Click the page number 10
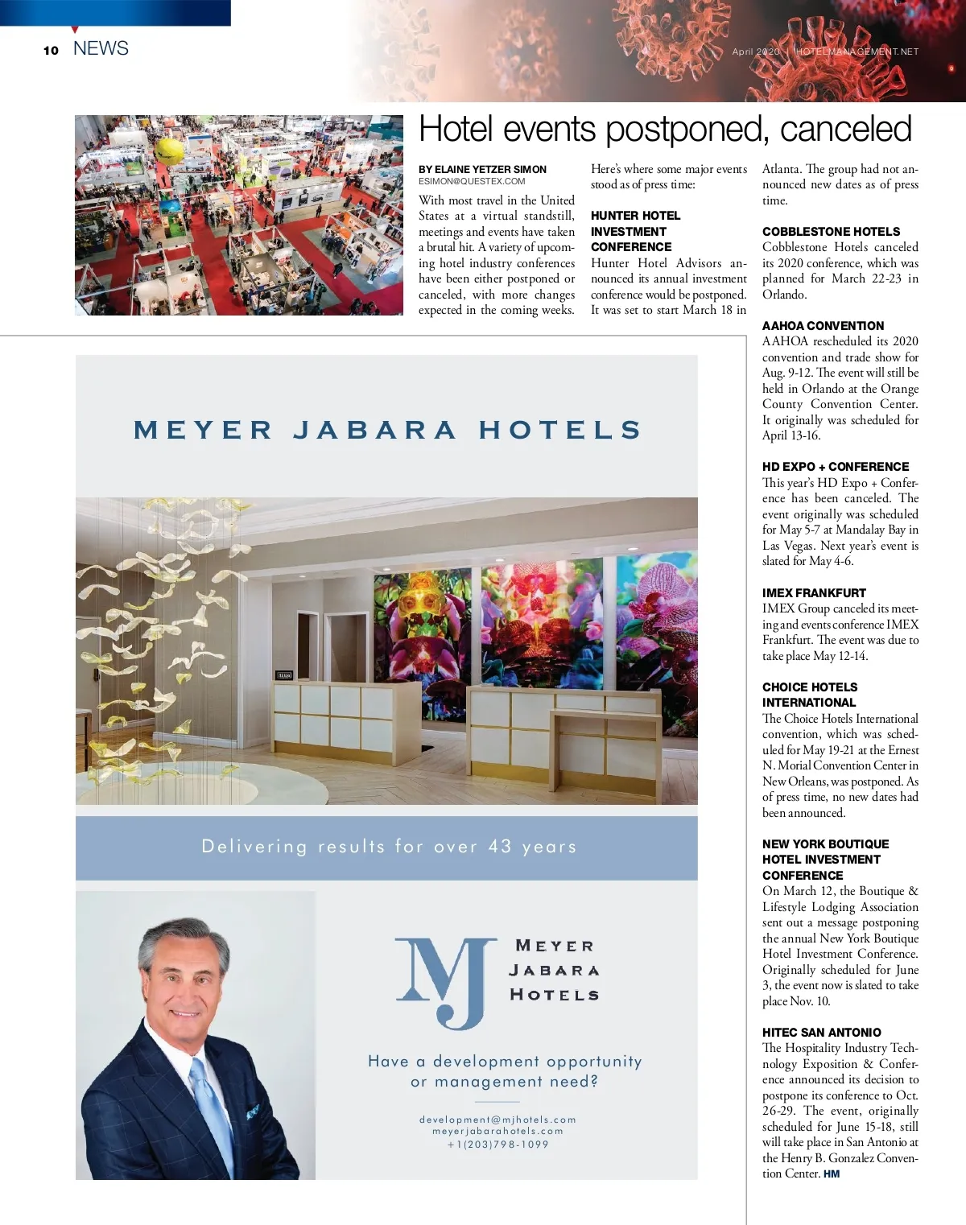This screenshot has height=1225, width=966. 52,50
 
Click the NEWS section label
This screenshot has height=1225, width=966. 101,48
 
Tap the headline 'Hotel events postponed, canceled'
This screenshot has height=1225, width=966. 665,129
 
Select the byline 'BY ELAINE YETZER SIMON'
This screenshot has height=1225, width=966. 482,169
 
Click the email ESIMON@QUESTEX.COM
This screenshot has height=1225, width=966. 472,182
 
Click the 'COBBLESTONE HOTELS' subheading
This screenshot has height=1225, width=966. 831,232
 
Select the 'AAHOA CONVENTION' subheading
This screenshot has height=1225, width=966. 823,326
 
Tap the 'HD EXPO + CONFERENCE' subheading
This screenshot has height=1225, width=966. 836,467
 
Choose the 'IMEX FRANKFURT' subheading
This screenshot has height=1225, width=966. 814,593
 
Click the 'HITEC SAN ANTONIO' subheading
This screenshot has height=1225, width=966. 821,1033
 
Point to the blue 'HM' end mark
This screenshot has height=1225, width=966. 832,1174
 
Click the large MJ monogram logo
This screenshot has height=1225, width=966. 445,982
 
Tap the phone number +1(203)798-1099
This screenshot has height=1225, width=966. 497,1145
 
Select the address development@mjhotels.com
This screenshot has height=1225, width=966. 497,1120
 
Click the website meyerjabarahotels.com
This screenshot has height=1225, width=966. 497,1132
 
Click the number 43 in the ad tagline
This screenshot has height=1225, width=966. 500,847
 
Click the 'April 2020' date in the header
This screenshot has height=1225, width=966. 756,52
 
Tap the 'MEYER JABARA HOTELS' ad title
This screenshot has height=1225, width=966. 387,430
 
